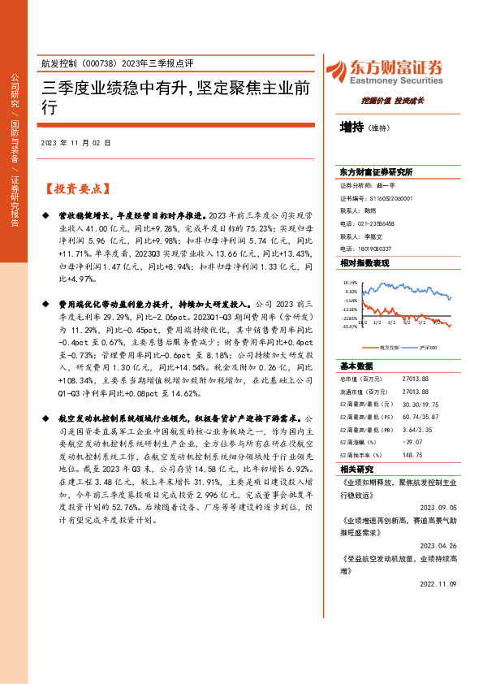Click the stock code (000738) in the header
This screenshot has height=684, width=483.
pos(102,63)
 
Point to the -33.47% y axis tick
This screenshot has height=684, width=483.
pos(350,327)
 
